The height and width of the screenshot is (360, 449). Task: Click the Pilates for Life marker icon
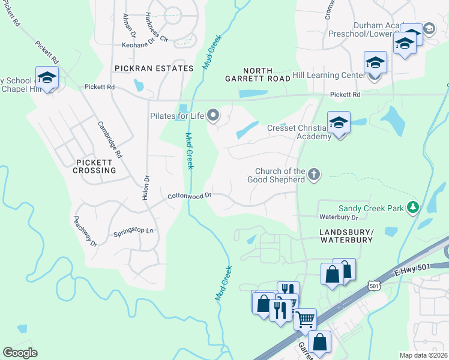(213, 115)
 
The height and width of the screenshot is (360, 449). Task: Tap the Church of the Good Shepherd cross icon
(313, 175)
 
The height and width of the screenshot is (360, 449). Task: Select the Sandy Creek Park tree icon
(412, 208)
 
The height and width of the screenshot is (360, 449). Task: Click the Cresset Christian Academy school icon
(339, 124)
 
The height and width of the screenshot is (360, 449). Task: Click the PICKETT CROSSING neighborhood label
(96, 166)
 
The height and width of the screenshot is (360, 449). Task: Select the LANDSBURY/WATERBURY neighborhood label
(346, 235)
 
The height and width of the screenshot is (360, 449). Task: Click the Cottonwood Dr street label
(190, 196)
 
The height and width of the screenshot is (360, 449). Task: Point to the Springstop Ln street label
(134, 231)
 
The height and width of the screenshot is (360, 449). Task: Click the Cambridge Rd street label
(110, 139)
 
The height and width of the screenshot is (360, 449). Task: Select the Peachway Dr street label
(85, 232)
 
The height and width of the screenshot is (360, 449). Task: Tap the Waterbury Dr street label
(339, 217)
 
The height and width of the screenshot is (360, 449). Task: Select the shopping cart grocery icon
(305, 319)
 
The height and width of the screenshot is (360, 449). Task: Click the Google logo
(20, 353)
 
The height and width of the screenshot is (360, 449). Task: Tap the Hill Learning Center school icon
(375, 63)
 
